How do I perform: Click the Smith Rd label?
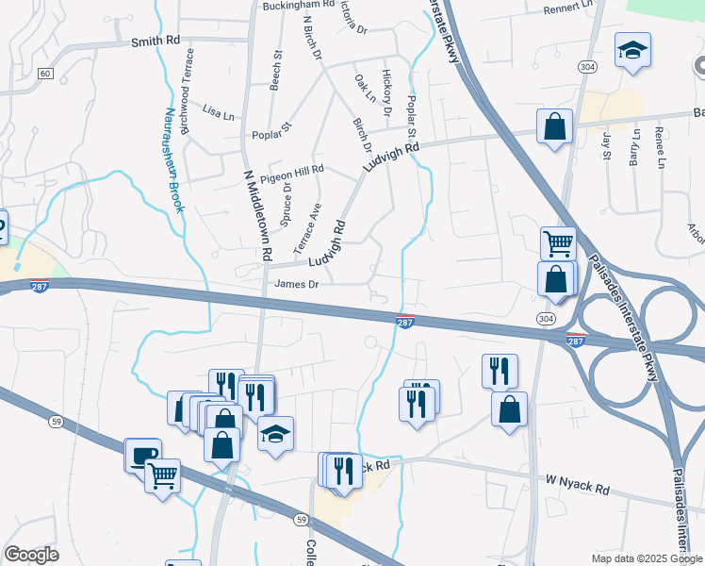(x=156, y=42)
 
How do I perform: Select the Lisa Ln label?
(x=218, y=113)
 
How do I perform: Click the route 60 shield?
(x=44, y=73)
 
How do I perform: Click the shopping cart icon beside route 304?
(x=558, y=242)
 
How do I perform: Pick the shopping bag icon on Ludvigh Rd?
(x=555, y=126)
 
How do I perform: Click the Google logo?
(x=31, y=555)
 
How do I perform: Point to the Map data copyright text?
(x=647, y=558)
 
